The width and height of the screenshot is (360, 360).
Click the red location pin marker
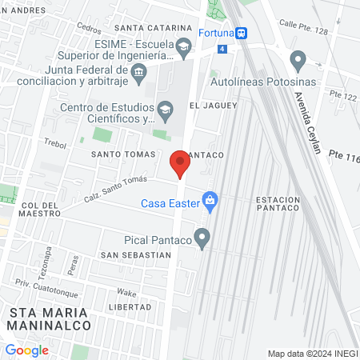coord(180,165)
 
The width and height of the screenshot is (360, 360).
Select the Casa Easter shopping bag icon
coord(210,201)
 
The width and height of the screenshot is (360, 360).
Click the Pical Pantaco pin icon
coord(202,237)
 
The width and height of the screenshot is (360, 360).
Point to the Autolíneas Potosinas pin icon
coord(298,59)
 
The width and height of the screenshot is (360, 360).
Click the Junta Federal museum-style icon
coord(139,73)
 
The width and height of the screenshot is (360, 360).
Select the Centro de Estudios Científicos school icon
coord(165,108)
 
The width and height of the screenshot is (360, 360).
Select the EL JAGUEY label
coord(214,106)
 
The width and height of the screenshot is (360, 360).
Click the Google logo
coord(27,350)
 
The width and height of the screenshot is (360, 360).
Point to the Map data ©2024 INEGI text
coord(310,354)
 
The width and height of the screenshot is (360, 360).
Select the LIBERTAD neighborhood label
coord(129,307)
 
